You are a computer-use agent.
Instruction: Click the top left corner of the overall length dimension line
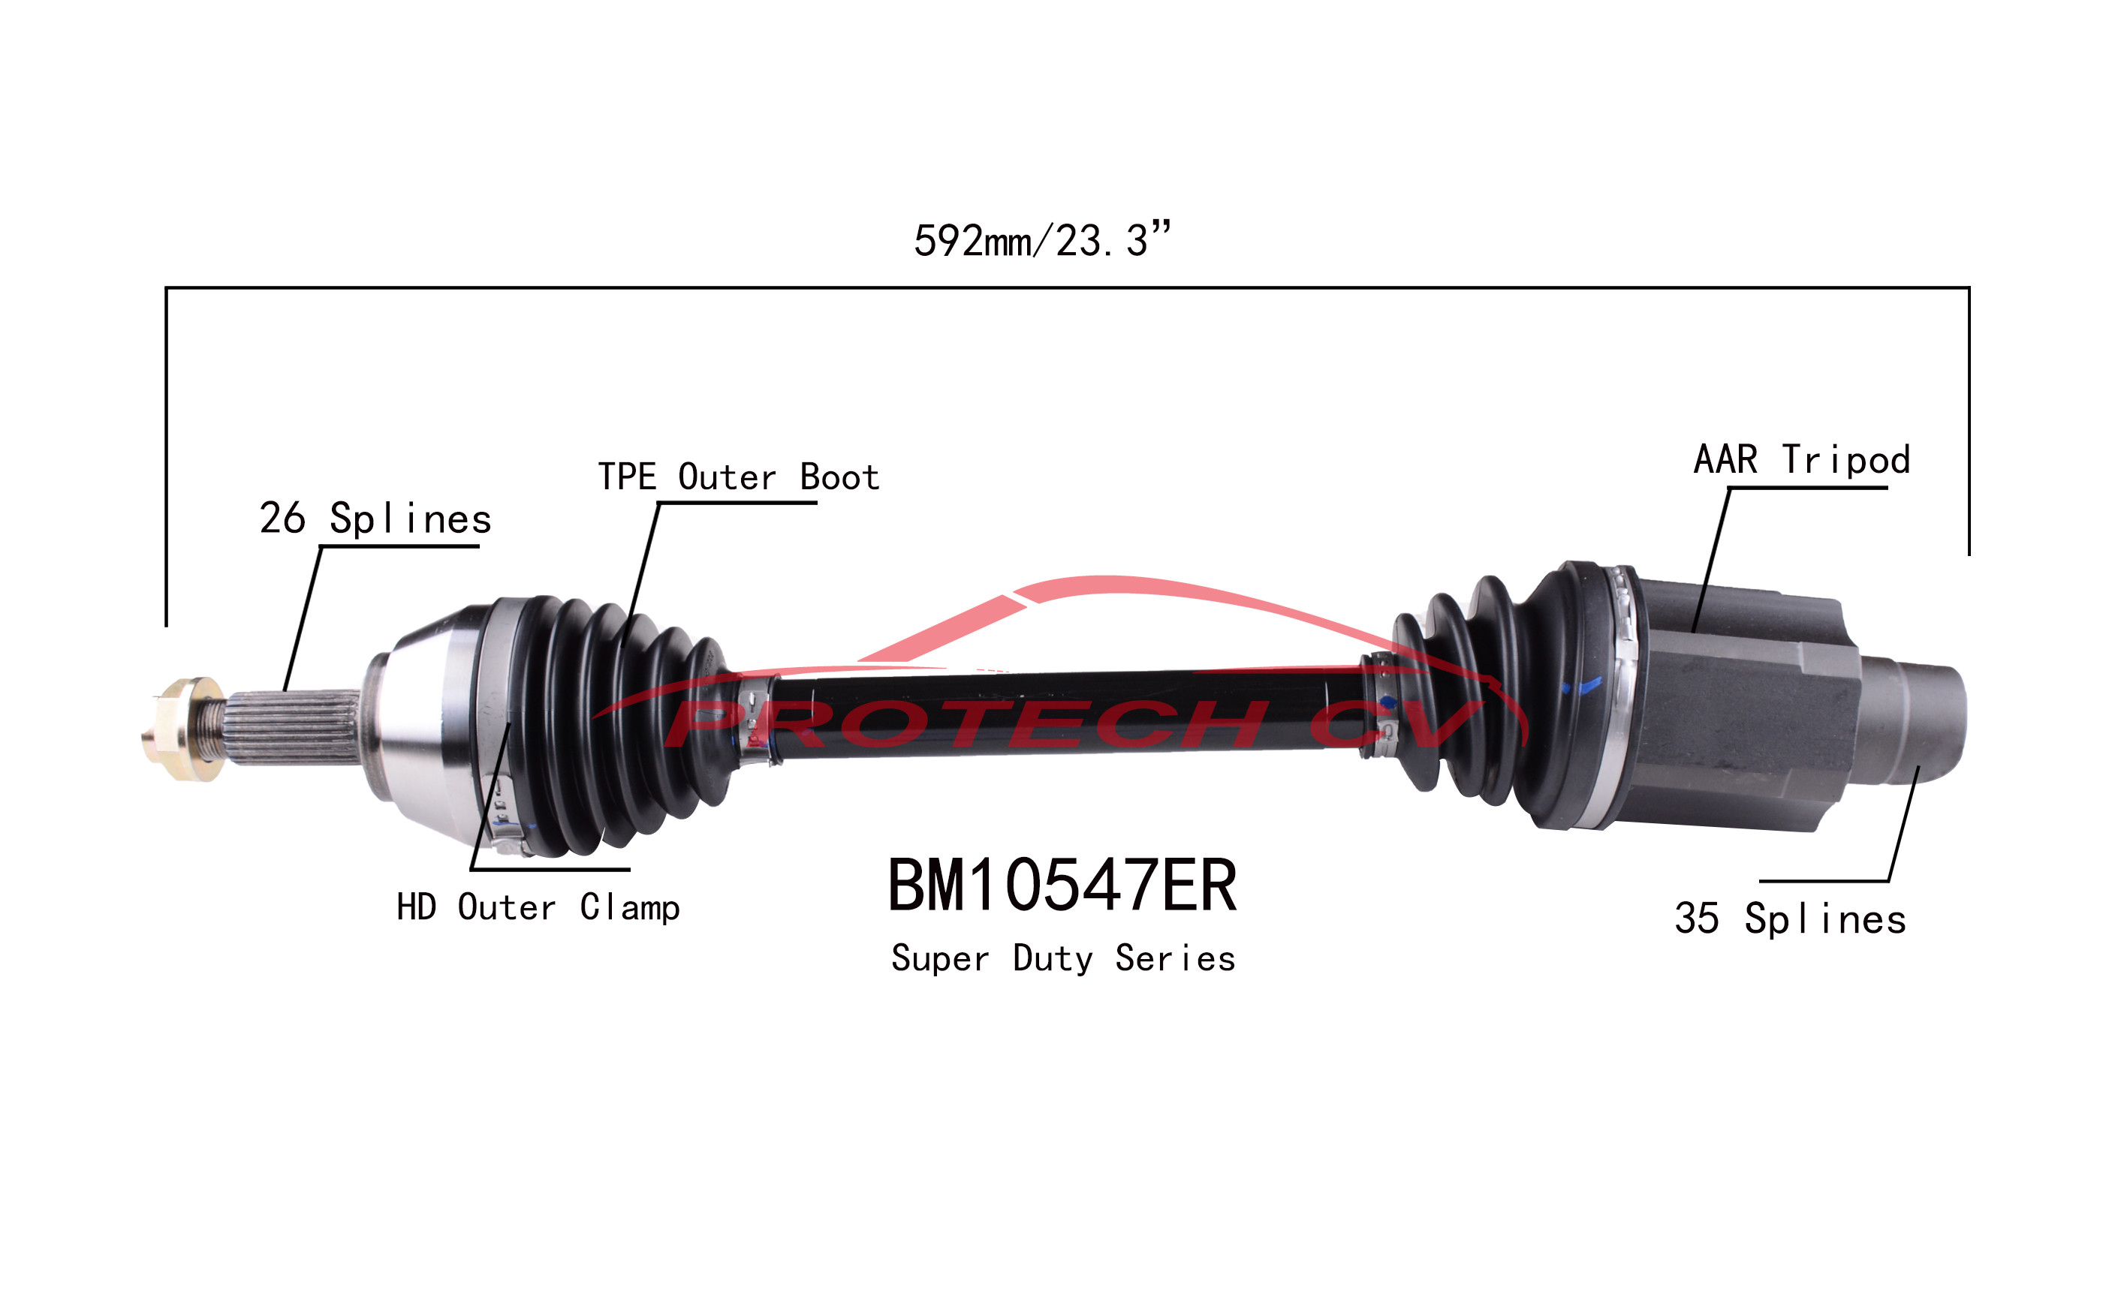click(x=166, y=287)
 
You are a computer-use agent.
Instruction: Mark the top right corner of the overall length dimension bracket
click(x=1969, y=287)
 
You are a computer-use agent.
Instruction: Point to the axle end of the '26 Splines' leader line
click(x=286, y=691)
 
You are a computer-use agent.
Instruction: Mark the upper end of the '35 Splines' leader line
click(x=1918, y=766)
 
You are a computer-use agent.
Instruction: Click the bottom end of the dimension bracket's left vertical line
click(x=166, y=626)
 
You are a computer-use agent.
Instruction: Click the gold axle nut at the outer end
click(x=182, y=729)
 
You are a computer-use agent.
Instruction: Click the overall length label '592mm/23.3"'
click(x=1042, y=239)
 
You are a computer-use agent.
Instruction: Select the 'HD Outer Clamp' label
click(x=538, y=907)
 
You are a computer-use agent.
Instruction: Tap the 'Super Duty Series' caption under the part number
click(x=1063, y=958)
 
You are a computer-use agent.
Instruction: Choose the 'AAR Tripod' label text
click(x=1802, y=459)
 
